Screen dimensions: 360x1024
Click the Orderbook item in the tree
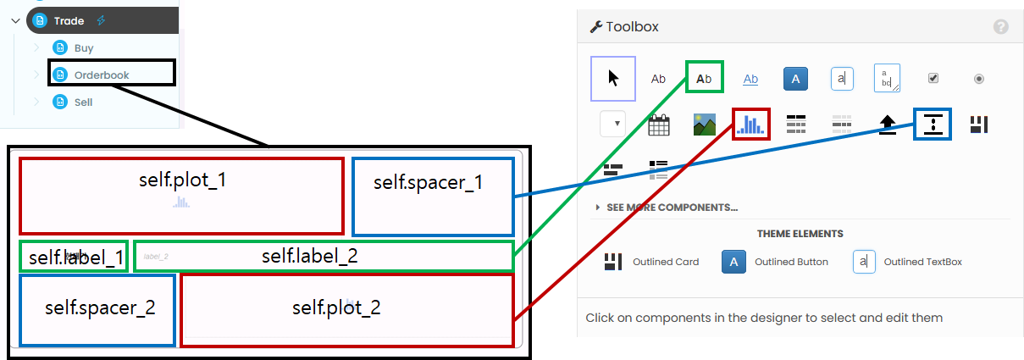click(x=101, y=75)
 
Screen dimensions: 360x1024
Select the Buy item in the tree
click(x=84, y=48)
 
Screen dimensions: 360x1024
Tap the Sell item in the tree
click(x=83, y=102)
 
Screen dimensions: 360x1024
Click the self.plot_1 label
click(x=182, y=180)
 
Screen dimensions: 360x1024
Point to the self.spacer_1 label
click(x=429, y=182)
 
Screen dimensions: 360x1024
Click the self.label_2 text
click(x=309, y=256)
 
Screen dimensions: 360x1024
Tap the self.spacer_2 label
click(x=100, y=307)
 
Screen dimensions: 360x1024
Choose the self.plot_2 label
click(x=336, y=307)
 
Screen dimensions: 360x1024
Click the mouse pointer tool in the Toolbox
click(x=613, y=79)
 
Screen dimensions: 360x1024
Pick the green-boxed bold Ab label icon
click(x=704, y=79)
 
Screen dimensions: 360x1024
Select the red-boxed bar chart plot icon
click(x=750, y=125)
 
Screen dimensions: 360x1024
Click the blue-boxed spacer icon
click(x=933, y=125)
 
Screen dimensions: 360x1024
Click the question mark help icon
click(x=1001, y=27)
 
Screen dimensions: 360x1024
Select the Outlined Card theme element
click(x=651, y=262)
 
